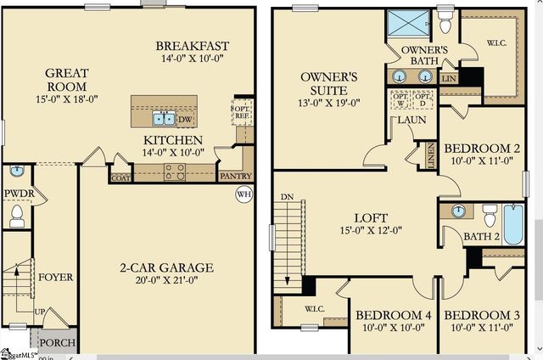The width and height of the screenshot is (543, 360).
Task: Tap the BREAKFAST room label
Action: click(x=193, y=45)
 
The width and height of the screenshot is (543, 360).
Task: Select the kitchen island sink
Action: click(x=164, y=118)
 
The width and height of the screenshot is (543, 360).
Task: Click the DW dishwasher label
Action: click(x=185, y=120)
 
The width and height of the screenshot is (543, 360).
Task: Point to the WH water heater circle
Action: click(x=244, y=194)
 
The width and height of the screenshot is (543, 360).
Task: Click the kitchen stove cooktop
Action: click(x=175, y=172)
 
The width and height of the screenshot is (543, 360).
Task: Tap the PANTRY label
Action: click(x=235, y=177)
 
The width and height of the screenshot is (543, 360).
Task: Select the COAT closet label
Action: click(x=120, y=177)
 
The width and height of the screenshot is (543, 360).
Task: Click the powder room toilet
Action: click(x=17, y=216)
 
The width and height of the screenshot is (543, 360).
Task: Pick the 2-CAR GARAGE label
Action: click(x=165, y=268)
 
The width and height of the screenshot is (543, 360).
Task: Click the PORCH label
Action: click(x=58, y=343)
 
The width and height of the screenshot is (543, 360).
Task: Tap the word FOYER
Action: click(x=55, y=278)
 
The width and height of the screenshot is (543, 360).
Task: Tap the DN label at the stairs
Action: click(x=288, y=198)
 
